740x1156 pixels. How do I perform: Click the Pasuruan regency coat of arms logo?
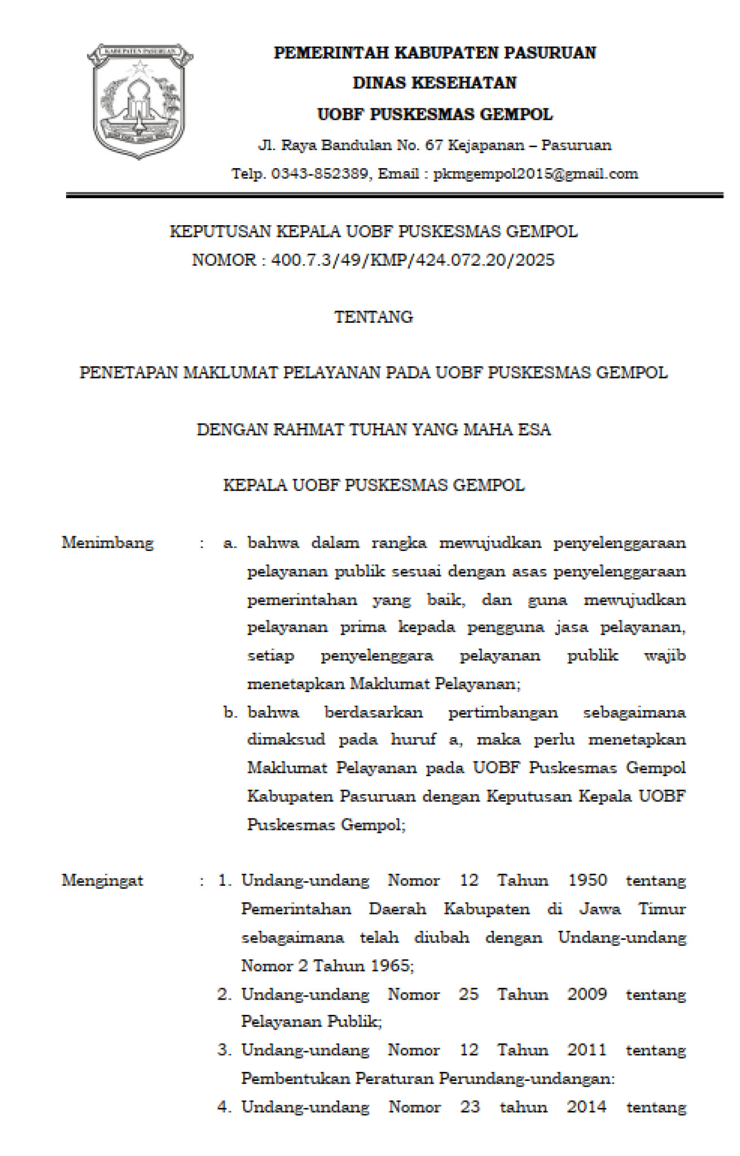pyautogui.click(x=139, y=100)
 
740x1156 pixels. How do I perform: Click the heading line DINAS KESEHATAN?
pyautogui.click(x=435, y=83)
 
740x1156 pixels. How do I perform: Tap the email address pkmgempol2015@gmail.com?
pyautogui.click(x=536, y=174)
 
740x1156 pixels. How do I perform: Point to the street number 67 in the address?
pyautogui.click(x=434, y=146)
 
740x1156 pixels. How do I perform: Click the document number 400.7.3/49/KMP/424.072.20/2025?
pyautogui.click(x=413, y=260)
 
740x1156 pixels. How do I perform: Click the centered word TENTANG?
pyautogui.click(x=374, y=317)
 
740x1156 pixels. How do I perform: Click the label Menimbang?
pyautogui.click(x=108, y=543)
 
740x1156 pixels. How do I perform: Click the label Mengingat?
pyautogui.click(x=103, y=881)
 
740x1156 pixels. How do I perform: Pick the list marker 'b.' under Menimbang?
pyautogui.click(x=230, y=712)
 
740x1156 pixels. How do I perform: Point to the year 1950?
pyautogui.click(x=588, y=881)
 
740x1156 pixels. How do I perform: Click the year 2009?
pyautogui.click(x=587, y=994)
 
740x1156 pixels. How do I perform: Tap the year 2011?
pyautogui.click(x=587, y=1050)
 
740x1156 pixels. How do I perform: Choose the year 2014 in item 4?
pyautogui.click(x=587, y=1107)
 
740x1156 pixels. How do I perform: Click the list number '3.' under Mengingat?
pyautogui.click(x=225, y=1050)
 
